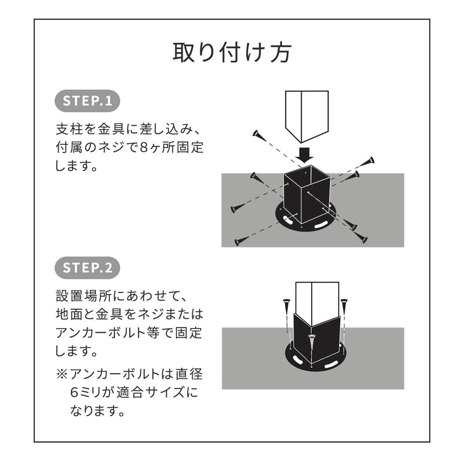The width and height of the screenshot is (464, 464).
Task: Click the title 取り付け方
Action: point(232,53)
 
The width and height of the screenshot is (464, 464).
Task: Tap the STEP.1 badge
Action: point(87,101)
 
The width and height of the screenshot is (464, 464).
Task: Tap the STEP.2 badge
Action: point(87,268)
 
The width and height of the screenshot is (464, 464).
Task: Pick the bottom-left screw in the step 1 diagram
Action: point(240,241)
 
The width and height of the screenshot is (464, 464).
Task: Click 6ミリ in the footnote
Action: point(85,392)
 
